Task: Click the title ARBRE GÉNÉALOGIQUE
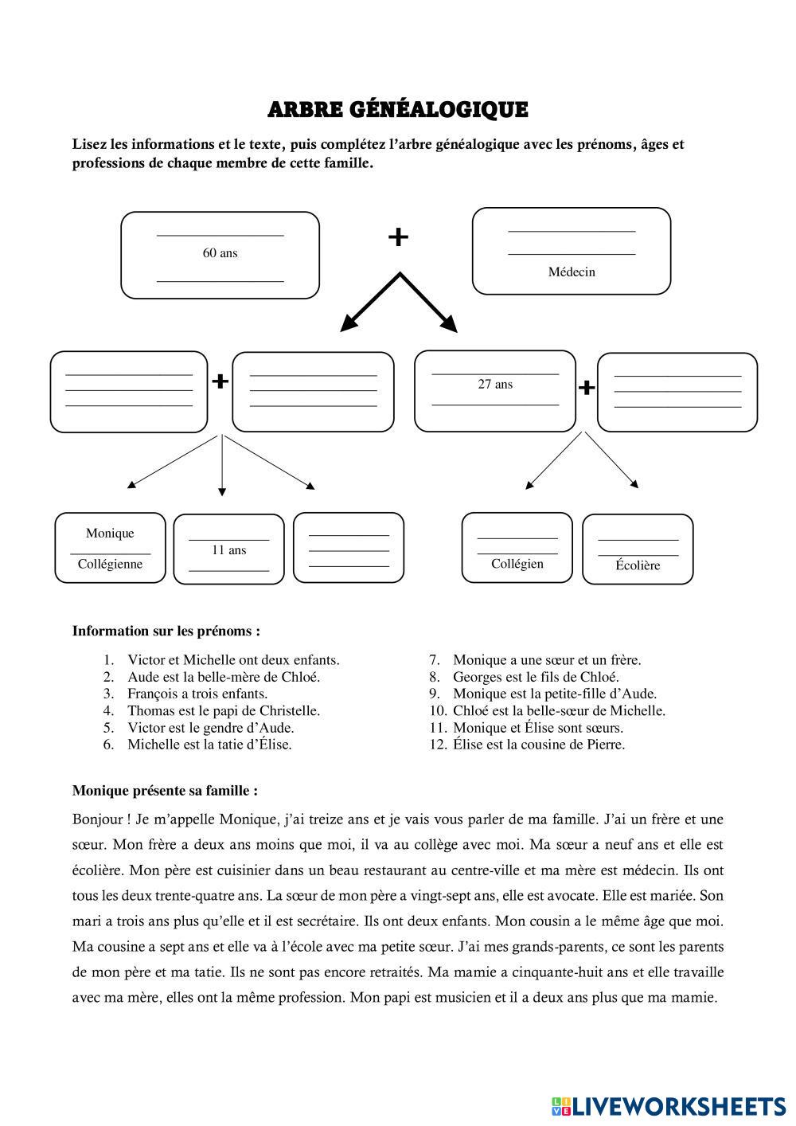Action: [397, 110]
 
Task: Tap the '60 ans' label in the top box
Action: [220, 253]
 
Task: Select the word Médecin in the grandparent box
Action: [571, 272]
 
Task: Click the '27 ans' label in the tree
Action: [494, 384]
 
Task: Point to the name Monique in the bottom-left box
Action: [110, 533]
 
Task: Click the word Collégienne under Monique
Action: [110, 564]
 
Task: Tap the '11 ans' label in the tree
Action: [228, 549]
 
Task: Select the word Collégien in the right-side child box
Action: [517, 564]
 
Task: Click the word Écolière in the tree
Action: [638, 565]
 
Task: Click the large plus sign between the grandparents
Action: [398, 237]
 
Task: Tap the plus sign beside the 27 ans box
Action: [586, 388]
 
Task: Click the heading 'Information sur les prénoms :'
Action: [166, 631]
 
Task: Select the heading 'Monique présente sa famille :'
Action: [165, 791]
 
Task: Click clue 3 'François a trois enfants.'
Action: [197, 694]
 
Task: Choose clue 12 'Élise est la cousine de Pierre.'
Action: [538, 745]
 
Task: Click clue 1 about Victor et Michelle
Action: [233, 659]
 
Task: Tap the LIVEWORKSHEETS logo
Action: [669, 1105]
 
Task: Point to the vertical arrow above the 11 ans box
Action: [221, 466]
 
